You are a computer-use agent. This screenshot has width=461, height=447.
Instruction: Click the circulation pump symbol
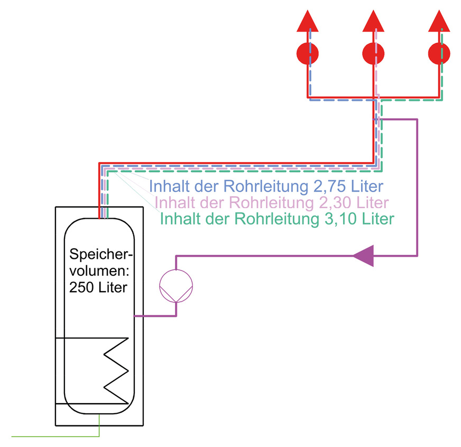click(177, 286)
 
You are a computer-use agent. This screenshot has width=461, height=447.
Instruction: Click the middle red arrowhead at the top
click(374, 22)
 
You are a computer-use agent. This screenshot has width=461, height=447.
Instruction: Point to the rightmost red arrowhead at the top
click(439, 22)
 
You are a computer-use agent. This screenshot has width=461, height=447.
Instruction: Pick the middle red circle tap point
click(374, 53)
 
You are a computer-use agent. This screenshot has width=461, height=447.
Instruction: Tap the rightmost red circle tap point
click(439, 53)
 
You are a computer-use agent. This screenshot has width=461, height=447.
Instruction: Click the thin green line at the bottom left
click(53, 437)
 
